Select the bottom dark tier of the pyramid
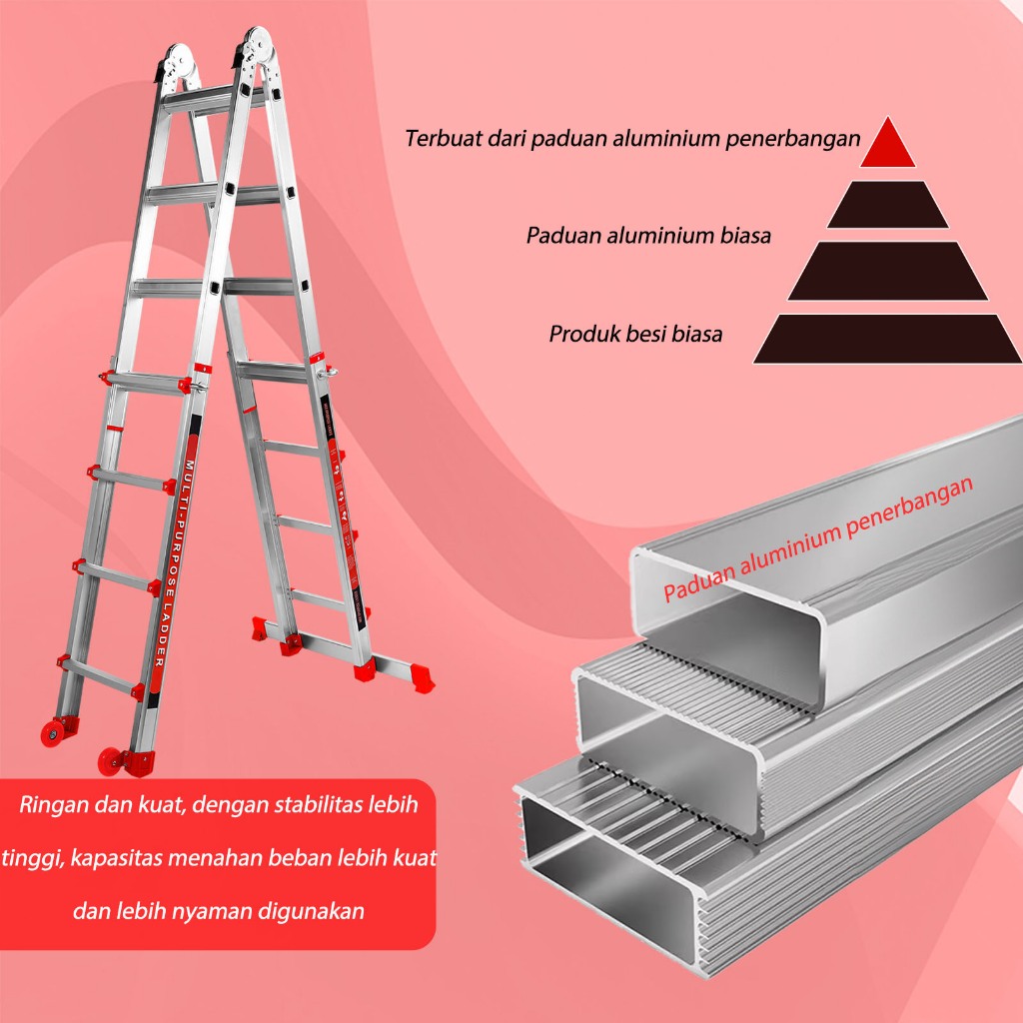coord(887,339)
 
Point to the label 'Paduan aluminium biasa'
coord(648,237)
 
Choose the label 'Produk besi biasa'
coord(634,334)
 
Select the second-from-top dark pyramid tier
coord(888,205)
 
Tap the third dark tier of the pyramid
coord(887,271)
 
